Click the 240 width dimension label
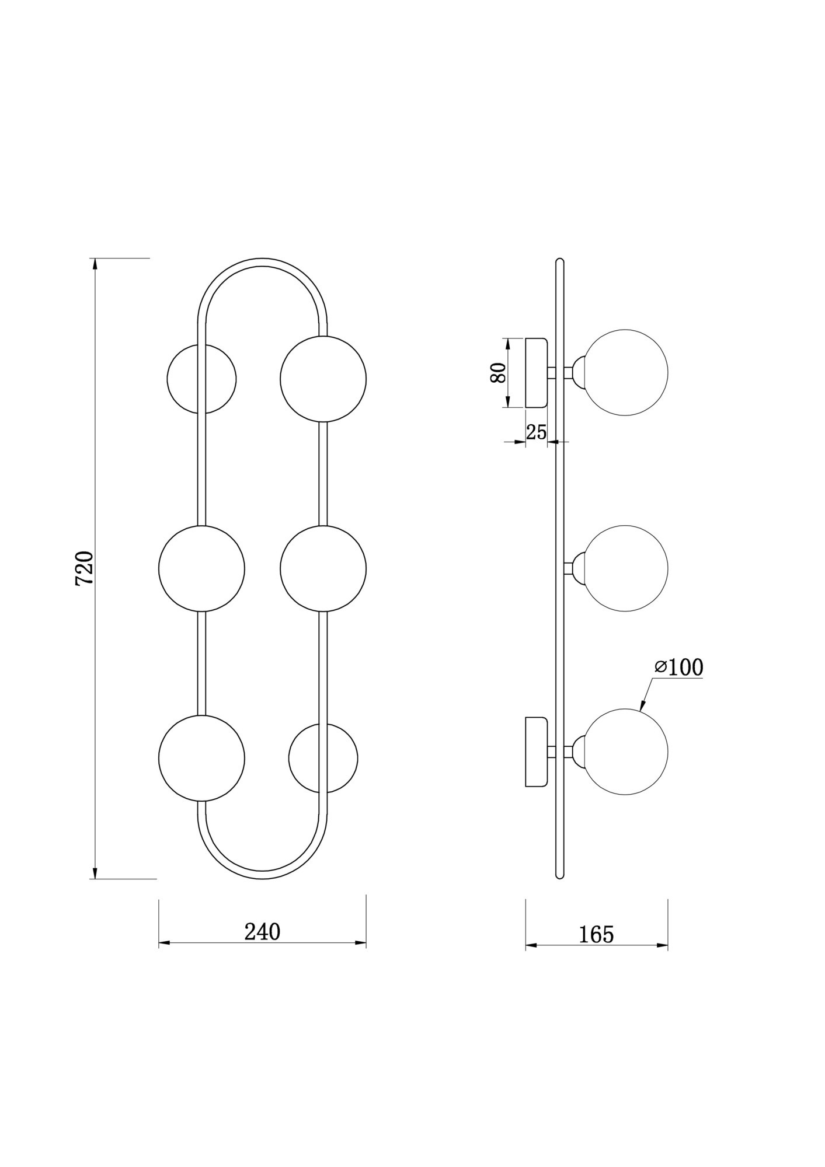point(262,931)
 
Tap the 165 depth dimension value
point(596,934)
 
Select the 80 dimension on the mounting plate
point(498,372)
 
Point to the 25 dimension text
point(537,432)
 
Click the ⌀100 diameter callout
point(678,667)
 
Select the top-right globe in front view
point(323,379)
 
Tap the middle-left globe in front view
point(201,568)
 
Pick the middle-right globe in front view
point(323,568)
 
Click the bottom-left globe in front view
point(201,757)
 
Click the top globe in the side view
point(625,372)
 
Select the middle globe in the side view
point(625,568)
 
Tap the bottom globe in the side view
point(625,752)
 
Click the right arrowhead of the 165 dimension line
point(663,945)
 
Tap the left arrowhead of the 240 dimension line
point(164,942)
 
